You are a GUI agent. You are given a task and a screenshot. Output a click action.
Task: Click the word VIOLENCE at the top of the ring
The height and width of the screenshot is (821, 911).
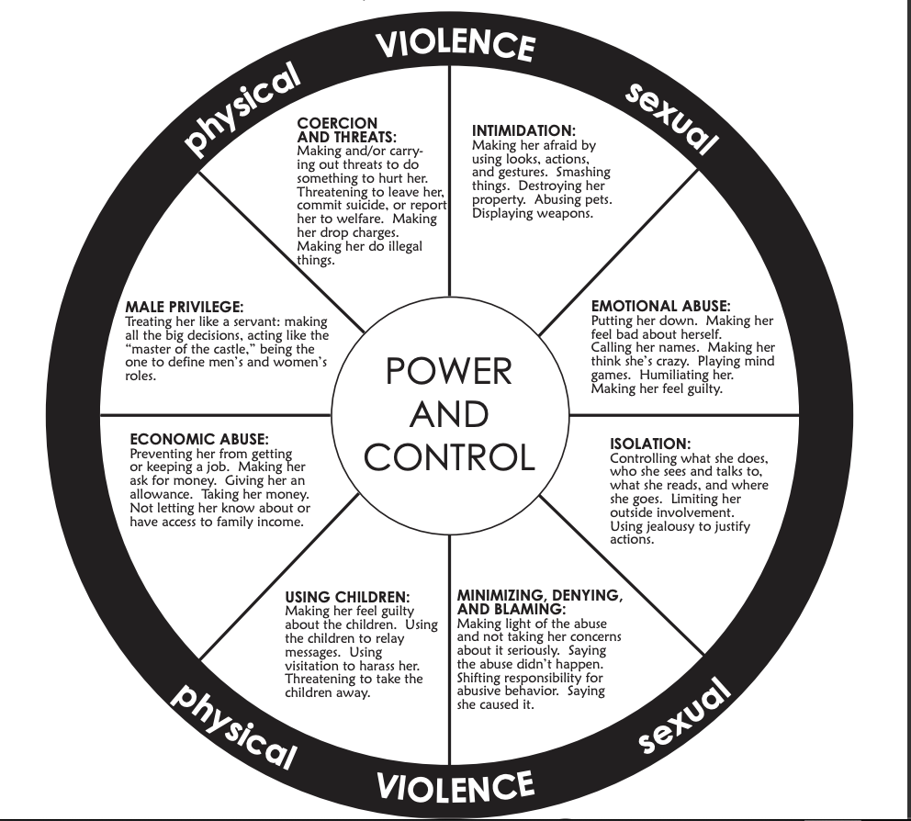[455, 45]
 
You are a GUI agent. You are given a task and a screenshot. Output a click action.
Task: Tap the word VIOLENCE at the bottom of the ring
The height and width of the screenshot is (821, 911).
[455, 785]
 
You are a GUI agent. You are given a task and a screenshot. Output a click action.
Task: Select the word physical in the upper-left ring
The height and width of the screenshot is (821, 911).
[242, 109]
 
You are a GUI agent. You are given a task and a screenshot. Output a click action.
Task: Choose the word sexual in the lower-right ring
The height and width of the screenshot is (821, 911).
[683, 715]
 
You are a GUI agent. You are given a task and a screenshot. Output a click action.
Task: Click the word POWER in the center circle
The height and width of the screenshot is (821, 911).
[448, 371]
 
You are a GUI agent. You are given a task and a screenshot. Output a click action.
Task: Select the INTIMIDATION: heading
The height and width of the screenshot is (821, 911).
[523, 130]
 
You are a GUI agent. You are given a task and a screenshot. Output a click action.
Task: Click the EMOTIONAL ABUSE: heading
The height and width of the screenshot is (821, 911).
[660, 306]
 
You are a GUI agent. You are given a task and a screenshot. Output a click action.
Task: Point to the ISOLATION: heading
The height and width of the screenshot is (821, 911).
[650, 444]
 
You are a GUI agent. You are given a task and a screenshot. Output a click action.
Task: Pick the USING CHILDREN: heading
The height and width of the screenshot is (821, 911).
[347, 597]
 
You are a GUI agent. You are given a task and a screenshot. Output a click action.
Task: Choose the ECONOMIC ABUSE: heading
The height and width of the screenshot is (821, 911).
[199, 439]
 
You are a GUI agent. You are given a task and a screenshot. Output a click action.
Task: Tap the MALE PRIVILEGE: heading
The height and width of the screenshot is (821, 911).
[185, 307]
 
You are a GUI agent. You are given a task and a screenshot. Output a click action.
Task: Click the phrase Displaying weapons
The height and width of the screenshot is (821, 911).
[533, 213]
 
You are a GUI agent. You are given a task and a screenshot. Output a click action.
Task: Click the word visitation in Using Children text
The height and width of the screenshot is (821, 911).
[314, 666]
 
